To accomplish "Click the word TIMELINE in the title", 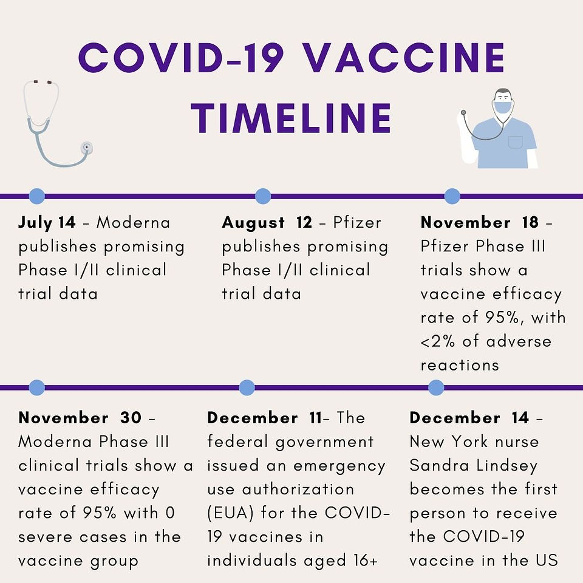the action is pyautogui.click(x=291, y=118).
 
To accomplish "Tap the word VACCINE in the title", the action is pyautogui.click(x=404, y=58).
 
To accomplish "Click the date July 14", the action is pyautogui.click(x=47, y=222).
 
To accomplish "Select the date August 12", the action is pyautogui.click(x=267, y=222).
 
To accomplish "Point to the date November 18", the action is pyautogui.click(x=480, y=222).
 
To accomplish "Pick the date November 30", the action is pyautogui.click(x=80, y=418).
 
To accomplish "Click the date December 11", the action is pyautogui.click(x=264, y=418).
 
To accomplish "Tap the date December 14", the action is pyautogui.click(x=469, y=418).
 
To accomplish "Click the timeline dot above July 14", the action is pyautogui.click(x=37, y=196).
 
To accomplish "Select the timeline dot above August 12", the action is pyautogui.click(x=263, y=196).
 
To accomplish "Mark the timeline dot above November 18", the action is pyautogui.click(x=452, y=196).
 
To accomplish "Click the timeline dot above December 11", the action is pyautogui.click(x=247, y=387).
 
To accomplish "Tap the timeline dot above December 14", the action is pyautogui.click(x=436, y=387).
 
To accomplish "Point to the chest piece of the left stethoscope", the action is pyautogui.click(x=87, y=148).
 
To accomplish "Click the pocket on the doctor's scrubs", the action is pyautogui.click(x=516, y=142).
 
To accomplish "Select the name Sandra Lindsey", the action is pyautogui.click(x=473, y=466).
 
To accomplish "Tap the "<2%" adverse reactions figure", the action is pyautogui.click(x=438, y=341).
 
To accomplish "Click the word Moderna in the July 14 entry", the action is pyautogui.click(x=134, y=222).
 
